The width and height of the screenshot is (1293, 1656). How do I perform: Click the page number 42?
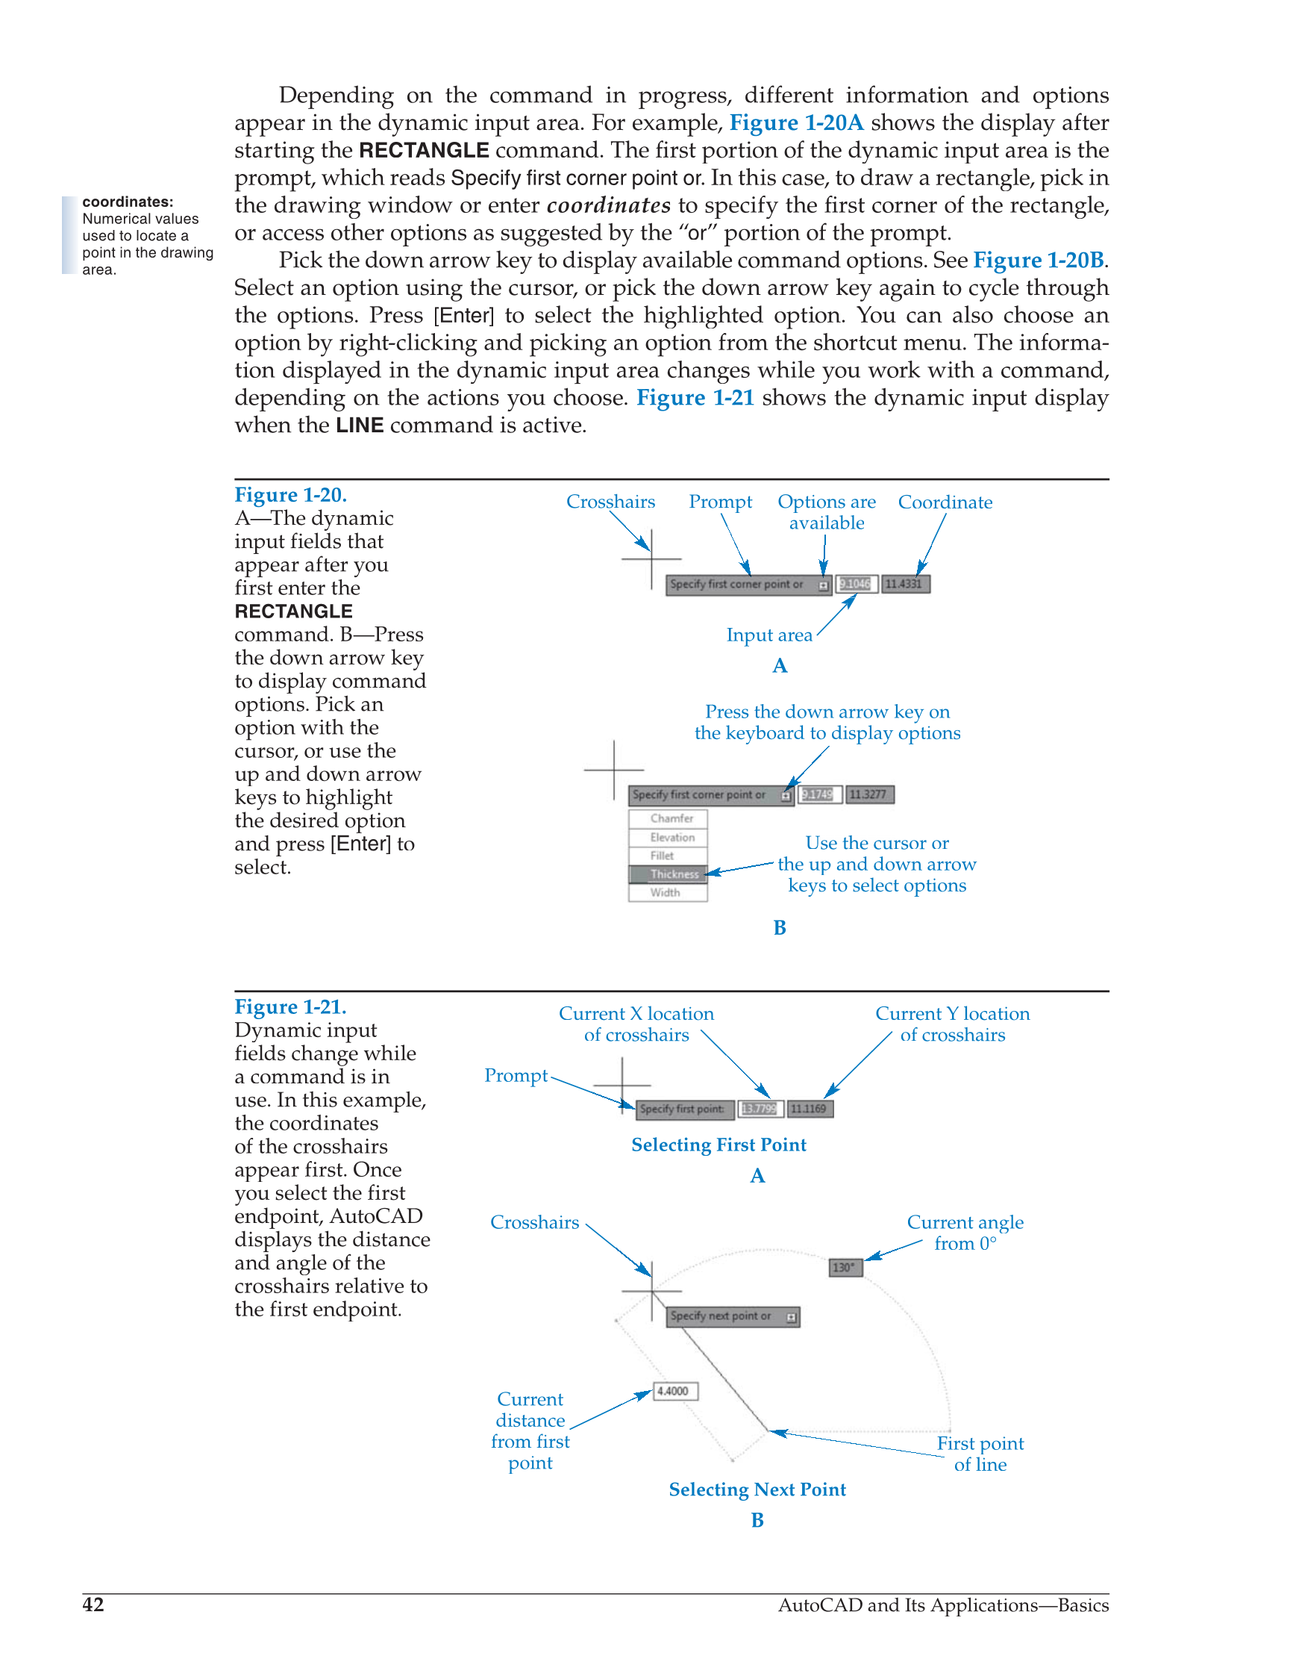[x=93, y=1604]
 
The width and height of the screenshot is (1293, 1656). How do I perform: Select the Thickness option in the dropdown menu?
[x=668, y=874]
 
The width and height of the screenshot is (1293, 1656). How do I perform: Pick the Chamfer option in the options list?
[x=668, y=819]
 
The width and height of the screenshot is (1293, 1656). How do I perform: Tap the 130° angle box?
[x=845, y=1268]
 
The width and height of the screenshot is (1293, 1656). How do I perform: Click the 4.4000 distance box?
[x=674, y=1392]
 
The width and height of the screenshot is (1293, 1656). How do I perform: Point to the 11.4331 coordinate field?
[x=905, y=584]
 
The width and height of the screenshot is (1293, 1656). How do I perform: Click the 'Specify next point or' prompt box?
[x=732, y=1316]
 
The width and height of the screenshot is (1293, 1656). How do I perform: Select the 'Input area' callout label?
[x=768, y=635]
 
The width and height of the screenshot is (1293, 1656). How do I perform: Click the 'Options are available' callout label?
[x=826, y=513]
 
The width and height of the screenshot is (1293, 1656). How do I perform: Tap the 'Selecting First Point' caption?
[x=718, y=1145]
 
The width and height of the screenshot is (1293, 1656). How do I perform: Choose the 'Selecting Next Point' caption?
[x=757, y=1490]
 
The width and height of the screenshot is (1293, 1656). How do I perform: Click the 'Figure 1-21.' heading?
[x=290, y=1007]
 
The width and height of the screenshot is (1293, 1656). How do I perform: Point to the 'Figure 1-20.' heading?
[x=290, y=495]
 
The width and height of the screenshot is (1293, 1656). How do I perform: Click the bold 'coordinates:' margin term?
[x=128, y=202]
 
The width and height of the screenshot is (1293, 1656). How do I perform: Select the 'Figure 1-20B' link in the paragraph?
[x=1039, y=260]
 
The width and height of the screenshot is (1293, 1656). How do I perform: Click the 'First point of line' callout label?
[x=980, y=1454]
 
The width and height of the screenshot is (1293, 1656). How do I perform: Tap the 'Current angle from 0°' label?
[x=965, y=1233]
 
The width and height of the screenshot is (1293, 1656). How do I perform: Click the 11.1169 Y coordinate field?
[x=810, y=1109]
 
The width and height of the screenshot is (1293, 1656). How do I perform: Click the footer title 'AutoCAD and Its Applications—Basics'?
[x=943, y=1605]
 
